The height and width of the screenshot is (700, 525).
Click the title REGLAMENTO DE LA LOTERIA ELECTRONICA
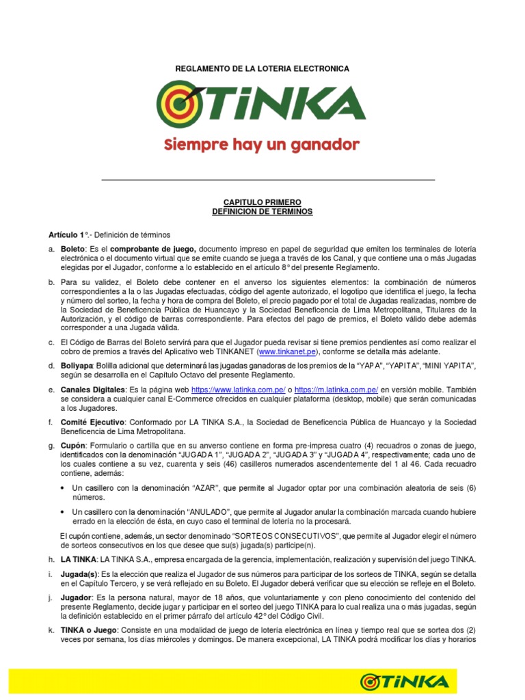pos(262,69)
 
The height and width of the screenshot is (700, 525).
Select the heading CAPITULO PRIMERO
pos(262,202)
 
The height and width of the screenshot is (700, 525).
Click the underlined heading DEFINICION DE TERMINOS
pos(262,212)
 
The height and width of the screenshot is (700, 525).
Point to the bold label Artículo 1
pos(65,234)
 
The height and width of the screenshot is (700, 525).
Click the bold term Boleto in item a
pos(72,249)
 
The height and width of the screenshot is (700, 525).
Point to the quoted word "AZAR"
pos(208,489)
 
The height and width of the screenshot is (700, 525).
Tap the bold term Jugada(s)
pos(79,574)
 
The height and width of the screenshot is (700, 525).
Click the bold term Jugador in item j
pos(77,597)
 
